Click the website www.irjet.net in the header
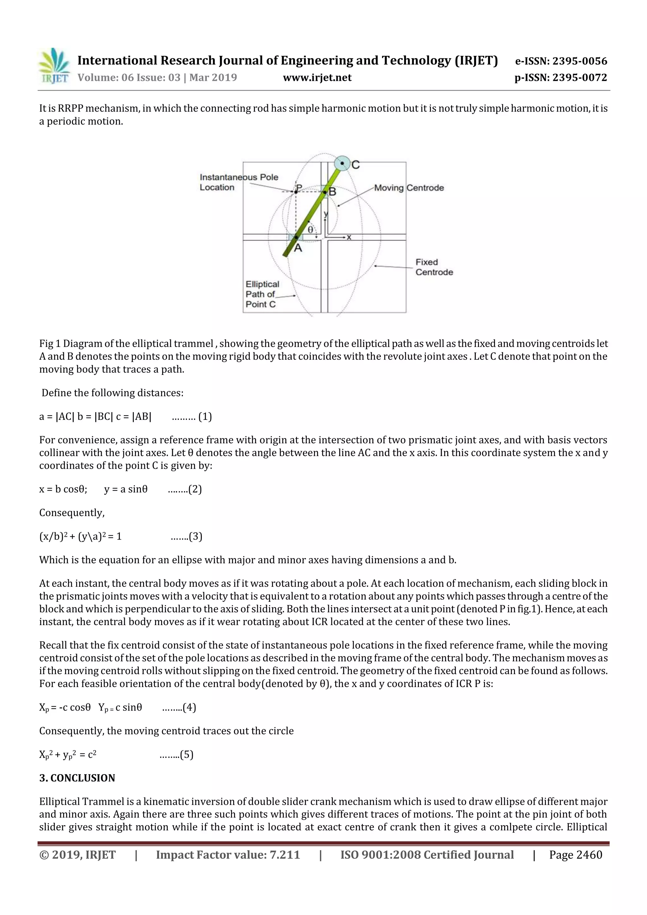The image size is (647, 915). tap(317, 77)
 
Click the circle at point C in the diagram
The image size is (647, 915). tap(342, 163)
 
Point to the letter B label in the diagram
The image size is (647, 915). tap(332, 192)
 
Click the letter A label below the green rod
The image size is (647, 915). tap(298, 248)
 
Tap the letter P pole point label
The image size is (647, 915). tap(299, 187)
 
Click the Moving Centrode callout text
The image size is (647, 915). tap(408, 188)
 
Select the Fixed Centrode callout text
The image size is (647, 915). tap(434, 267)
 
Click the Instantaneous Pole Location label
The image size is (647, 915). tap(239, 182)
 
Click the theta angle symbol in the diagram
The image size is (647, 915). tap(311, 230)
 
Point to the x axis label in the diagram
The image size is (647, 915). tap(349, 237)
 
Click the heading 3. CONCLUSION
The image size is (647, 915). tap(77, 778)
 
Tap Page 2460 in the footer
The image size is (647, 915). tap(575, 854)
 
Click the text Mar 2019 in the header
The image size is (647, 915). tap(213, 77)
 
